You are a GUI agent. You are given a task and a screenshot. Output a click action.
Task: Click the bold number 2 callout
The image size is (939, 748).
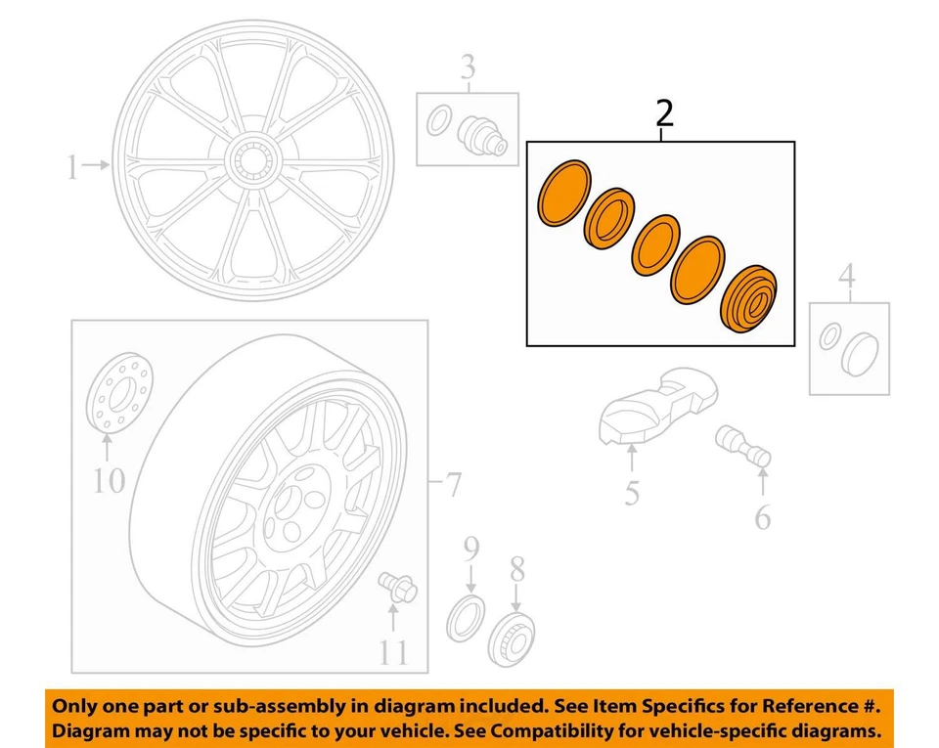(x=664, y=114)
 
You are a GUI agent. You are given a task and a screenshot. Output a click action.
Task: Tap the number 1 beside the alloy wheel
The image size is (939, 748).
(x=71, y=168)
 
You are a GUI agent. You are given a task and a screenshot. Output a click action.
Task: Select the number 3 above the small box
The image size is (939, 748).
(x=469, y=68)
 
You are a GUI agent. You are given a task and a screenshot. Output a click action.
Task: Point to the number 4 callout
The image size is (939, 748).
(x=848, y=278)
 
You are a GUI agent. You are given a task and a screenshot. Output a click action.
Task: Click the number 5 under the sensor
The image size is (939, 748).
(x=632, y=494)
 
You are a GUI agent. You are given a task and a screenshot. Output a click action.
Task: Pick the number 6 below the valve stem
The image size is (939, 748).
(x=763, y=517)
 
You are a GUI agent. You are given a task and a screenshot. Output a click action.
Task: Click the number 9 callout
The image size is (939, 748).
(x=470, y=548)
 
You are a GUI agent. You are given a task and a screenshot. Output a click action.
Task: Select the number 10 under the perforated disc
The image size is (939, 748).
(x=110, y=480)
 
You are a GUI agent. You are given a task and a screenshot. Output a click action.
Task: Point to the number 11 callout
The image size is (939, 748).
(x=393, y=652)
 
